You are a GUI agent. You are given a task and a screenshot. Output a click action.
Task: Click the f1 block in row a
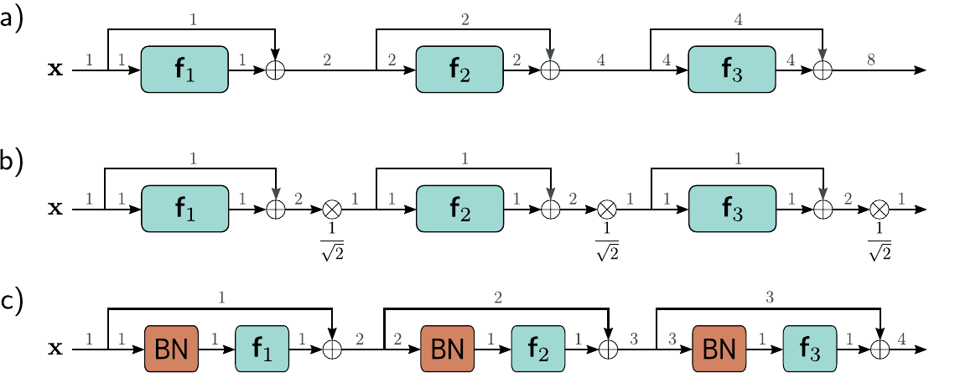184,70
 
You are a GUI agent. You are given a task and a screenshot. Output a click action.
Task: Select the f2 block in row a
459,70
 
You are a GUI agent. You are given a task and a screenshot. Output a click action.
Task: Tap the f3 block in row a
732,70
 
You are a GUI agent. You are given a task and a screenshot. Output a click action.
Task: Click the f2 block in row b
459,209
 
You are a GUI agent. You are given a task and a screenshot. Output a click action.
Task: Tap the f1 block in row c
262,349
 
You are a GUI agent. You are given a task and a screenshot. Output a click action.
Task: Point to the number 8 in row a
871,60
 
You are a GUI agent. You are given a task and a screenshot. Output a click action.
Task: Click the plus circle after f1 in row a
276,70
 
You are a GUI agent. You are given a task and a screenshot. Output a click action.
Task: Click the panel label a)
13,21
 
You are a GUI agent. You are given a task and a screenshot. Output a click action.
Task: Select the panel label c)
12,303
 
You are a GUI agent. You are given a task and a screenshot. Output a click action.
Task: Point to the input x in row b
55,210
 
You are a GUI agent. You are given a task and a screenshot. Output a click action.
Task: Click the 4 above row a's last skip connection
738,19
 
